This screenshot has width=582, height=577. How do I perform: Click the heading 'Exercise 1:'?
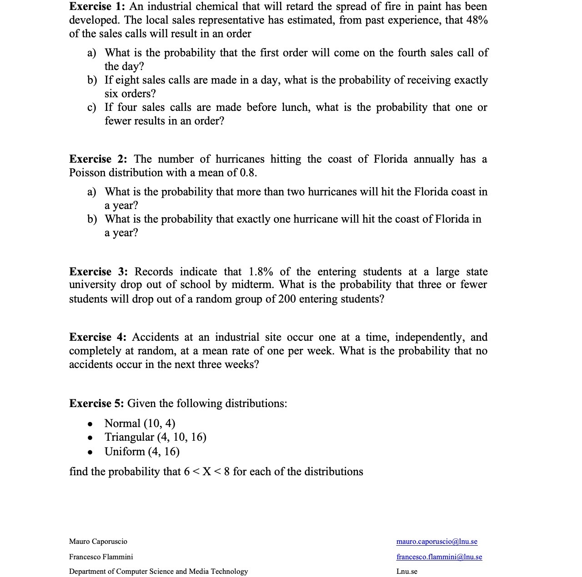pyautogui.click(x=97, y=6)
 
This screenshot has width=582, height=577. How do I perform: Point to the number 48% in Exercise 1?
pyautogui.click(x=477, y=20)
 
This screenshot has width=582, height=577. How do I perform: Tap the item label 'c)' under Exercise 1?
pyautogui.click(x=92, y=108)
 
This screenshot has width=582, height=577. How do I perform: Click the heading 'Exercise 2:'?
pyautogui.click(x=98, y=159)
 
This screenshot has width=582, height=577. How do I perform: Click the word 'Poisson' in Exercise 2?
pyautogui.click(x=87, y=173)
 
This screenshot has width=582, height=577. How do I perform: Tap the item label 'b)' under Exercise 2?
pyautogui.click(x=92, y=219)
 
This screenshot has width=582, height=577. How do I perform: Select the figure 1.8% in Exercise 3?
pyautogui.click(x=261, y=272)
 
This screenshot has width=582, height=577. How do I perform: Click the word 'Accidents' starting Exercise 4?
pyautogui.click(x=155, y=337)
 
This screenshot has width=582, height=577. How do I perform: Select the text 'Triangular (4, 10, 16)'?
pyautogui.click(x=155, y=437)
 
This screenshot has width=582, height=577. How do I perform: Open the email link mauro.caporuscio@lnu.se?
pyautogui.click(x=436, y=542)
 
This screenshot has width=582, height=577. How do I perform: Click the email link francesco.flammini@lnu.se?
pyautogui.click(x=439, y=557)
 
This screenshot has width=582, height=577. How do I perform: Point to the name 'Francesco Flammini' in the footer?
pyautogui.click(x=101, y=557)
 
